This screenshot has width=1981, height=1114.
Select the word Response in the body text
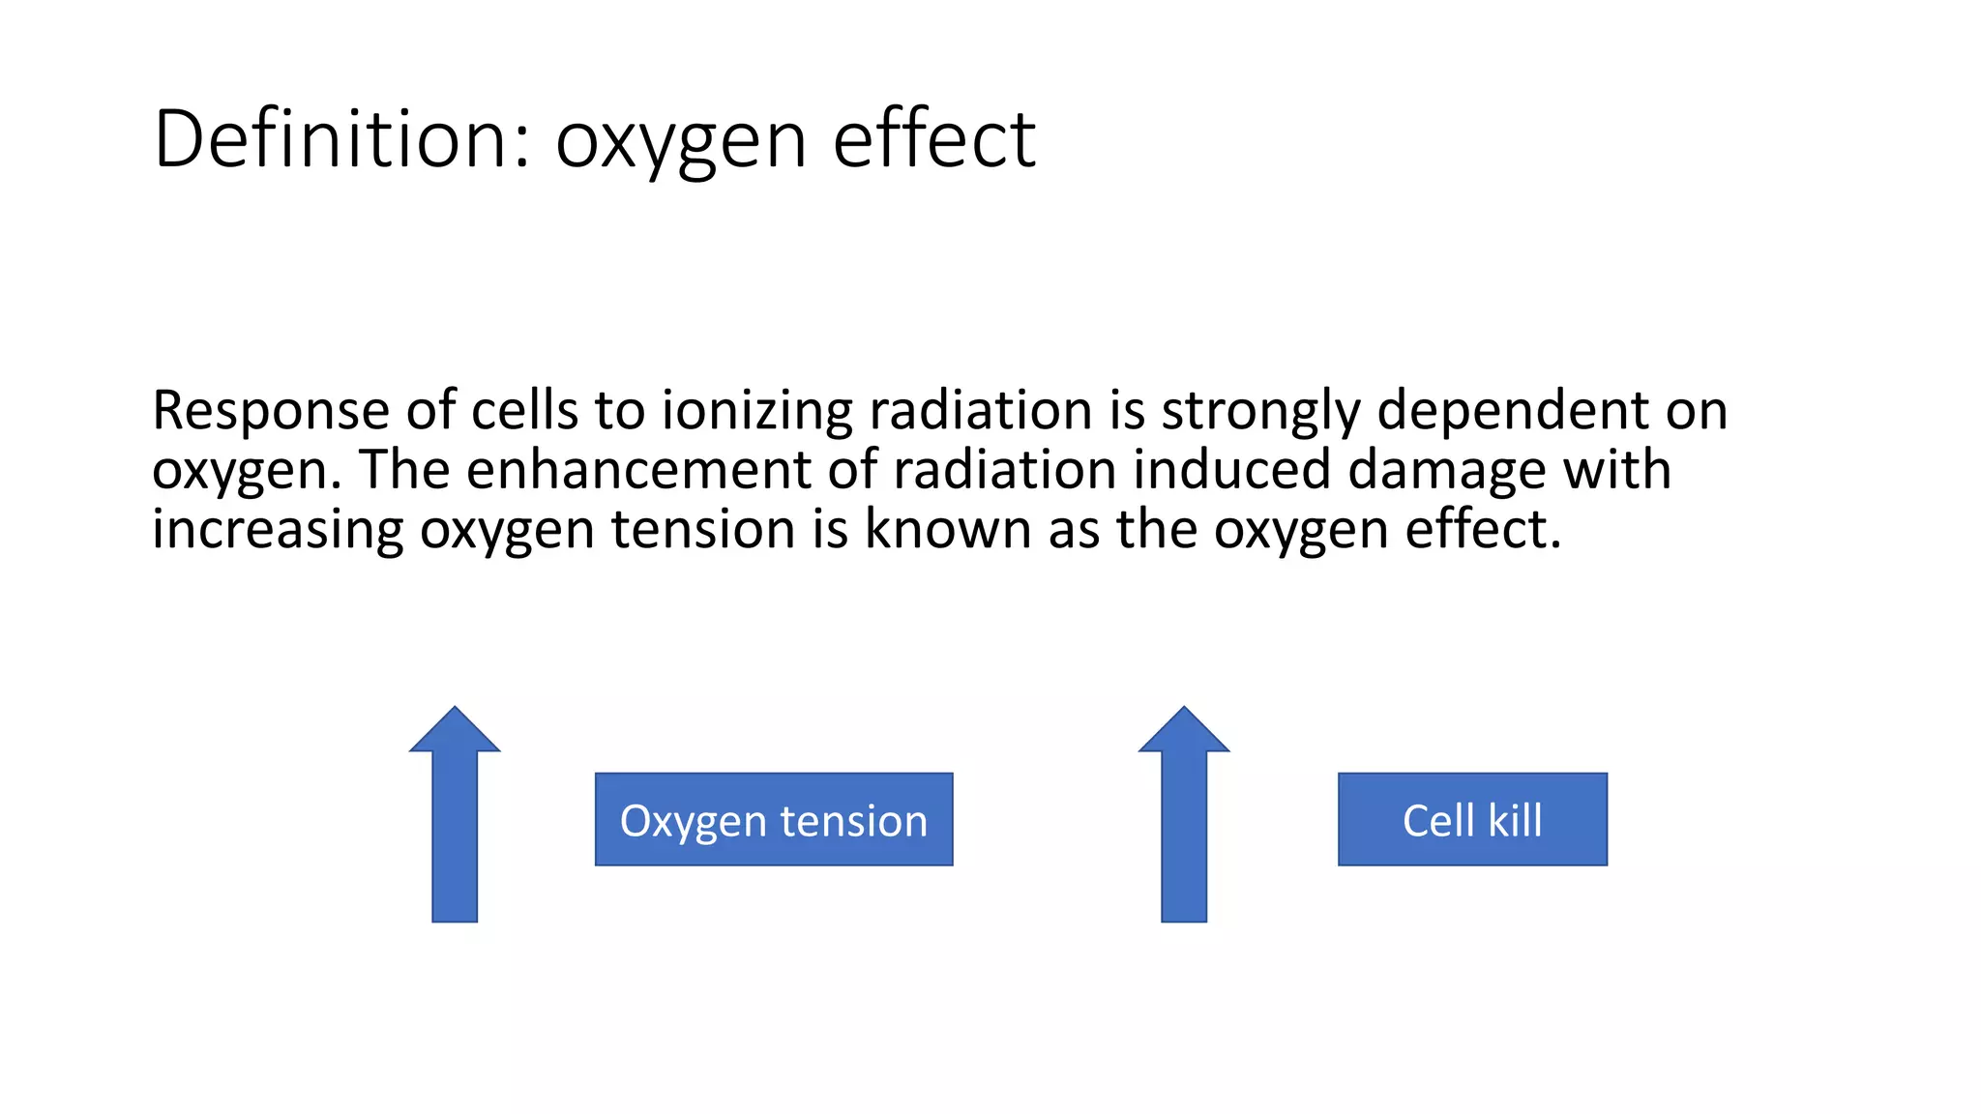point(271,411)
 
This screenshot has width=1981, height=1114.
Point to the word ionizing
point(756,411)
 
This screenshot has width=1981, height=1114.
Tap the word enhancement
point(638,471)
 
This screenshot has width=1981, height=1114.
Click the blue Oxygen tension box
point(774,819)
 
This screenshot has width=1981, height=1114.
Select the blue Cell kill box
point(1472,819)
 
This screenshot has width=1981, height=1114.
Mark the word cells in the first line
point(524,411)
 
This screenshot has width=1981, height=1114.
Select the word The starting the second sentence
point(405,471)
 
